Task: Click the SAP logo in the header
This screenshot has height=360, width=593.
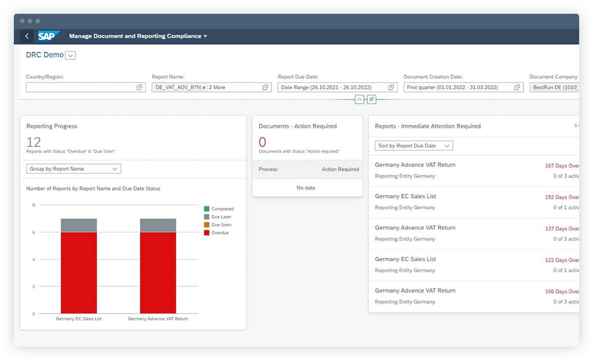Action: [48, 36]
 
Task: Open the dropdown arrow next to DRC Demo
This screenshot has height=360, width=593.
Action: [70, 55]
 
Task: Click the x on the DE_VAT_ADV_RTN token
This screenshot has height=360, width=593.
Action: [204, 88]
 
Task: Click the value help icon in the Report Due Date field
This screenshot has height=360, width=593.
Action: [391, 87]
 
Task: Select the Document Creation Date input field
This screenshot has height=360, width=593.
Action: [457, 87]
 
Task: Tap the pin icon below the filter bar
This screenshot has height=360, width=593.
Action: [372, 99]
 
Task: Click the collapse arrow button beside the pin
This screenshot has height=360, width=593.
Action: [359, 99]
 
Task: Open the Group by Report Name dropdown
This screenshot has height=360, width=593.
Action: [73, 169]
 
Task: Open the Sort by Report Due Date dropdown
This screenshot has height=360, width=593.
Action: [414, 146]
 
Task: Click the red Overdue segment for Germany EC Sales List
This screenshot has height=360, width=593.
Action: [79, 272]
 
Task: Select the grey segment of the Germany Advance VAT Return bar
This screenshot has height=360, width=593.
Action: [158, 225]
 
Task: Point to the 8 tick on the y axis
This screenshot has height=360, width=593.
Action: [34, 205]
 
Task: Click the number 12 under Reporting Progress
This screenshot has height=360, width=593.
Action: [34, 142]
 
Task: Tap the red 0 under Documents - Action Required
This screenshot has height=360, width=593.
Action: [262, 142]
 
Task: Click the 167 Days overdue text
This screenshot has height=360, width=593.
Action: [561, 166]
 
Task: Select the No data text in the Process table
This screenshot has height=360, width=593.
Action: [306, 188]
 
